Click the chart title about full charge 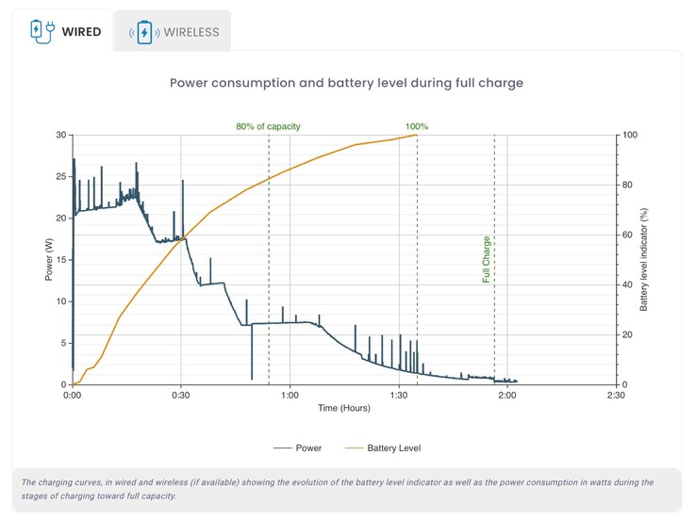coord(346,83)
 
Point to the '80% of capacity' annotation coord(269,126)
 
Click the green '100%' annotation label coord(417,126)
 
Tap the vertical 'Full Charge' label coord(487,259)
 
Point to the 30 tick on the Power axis coord(61,135)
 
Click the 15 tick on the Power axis coord(61,260)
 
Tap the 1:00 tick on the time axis coord(290,396)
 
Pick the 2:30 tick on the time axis coord(616,396)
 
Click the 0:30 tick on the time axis coord(181,396)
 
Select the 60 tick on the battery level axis coord(628,235)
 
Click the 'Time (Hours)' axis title coord(344,409)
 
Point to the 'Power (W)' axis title coord(48,260)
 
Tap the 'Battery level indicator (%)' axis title coord(645,260)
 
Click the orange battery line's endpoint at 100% coord(417,135)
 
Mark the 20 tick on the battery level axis coord(628,334)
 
